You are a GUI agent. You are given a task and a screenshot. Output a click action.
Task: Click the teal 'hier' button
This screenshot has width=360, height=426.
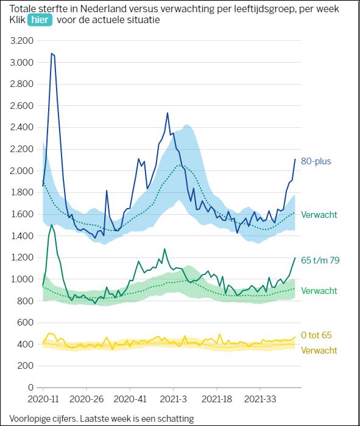tap(40, 20)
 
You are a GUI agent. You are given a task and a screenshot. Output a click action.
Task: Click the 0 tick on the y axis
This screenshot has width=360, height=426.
tap(29, 388)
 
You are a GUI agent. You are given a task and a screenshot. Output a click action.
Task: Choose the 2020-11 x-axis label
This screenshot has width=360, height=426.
tap(43, 400)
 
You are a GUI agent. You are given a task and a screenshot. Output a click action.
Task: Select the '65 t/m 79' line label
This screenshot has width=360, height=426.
tap(320, 260)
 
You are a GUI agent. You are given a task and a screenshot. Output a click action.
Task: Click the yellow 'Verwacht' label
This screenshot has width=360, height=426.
tap(319, 351)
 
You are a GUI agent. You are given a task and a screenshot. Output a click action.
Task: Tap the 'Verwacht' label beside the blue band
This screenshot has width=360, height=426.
tap(319, 215)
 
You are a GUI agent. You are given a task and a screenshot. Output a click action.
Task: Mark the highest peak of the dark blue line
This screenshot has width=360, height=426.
tap(52, 54)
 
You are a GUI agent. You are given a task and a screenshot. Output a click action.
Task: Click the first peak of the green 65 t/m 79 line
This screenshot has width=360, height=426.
tap(52, 225)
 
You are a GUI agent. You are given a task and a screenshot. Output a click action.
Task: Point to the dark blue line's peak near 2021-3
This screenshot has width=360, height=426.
tap(168, 113)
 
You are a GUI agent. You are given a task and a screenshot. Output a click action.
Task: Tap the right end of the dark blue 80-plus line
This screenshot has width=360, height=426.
tap(295, 159)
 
